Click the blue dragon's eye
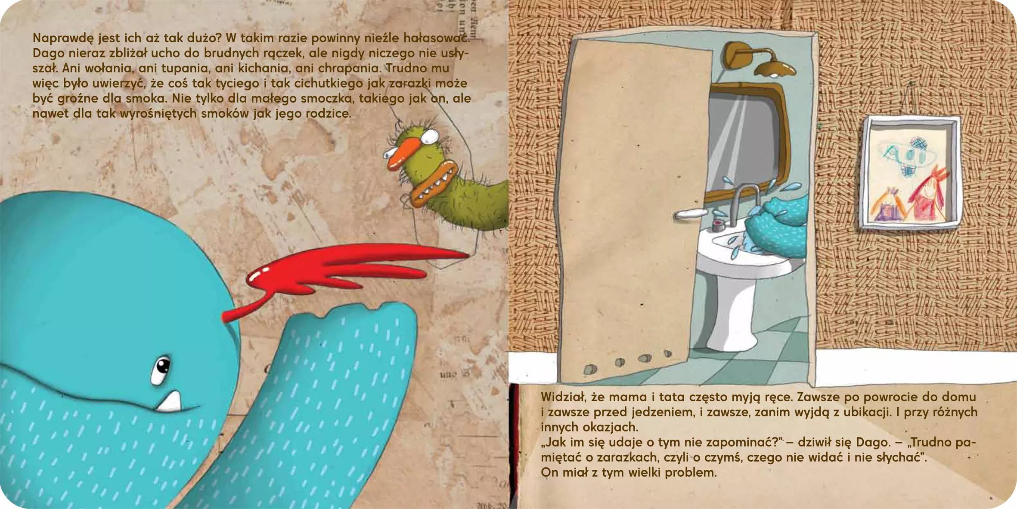tap(161, 370)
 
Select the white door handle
tap(690, 214)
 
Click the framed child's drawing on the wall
tap(911, 172)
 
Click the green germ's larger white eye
tap(430, 137)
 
